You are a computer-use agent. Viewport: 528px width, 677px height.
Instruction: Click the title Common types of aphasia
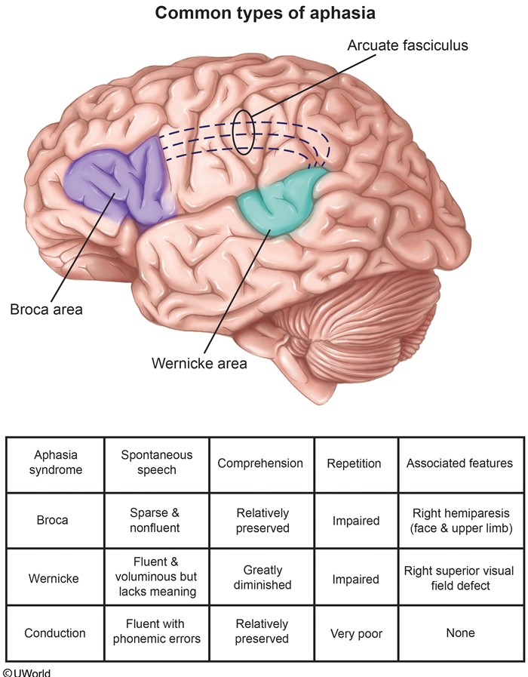263,13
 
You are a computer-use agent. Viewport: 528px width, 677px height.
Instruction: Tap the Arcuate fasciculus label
407,45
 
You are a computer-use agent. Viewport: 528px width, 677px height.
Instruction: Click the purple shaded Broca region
121,187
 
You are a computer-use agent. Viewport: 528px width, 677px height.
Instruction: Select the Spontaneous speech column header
157,463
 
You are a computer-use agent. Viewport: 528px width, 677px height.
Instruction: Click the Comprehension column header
260,463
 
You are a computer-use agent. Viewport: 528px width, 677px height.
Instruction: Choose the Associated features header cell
459,463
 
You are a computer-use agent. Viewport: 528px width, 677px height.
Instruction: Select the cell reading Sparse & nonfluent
157,520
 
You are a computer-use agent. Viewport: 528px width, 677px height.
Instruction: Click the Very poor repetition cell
354,632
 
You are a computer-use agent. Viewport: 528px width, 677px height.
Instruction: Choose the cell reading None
459,632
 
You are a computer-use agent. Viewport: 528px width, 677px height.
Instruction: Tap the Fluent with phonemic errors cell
157,632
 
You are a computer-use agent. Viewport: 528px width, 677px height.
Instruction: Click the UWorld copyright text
27,672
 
